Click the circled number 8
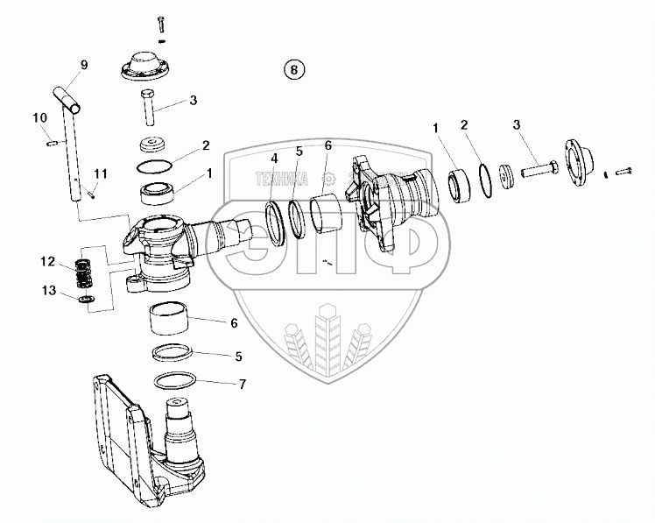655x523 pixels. coord(295,68)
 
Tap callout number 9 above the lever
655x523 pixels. coord(84,65)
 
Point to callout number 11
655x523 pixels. coord(101,172)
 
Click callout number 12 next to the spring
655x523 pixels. coord(47,261)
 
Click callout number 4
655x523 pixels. coord(273,159)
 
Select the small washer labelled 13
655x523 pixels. coord(86,300)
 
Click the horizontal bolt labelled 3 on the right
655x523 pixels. coord(536,169)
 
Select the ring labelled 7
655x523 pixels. coord(175,382)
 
